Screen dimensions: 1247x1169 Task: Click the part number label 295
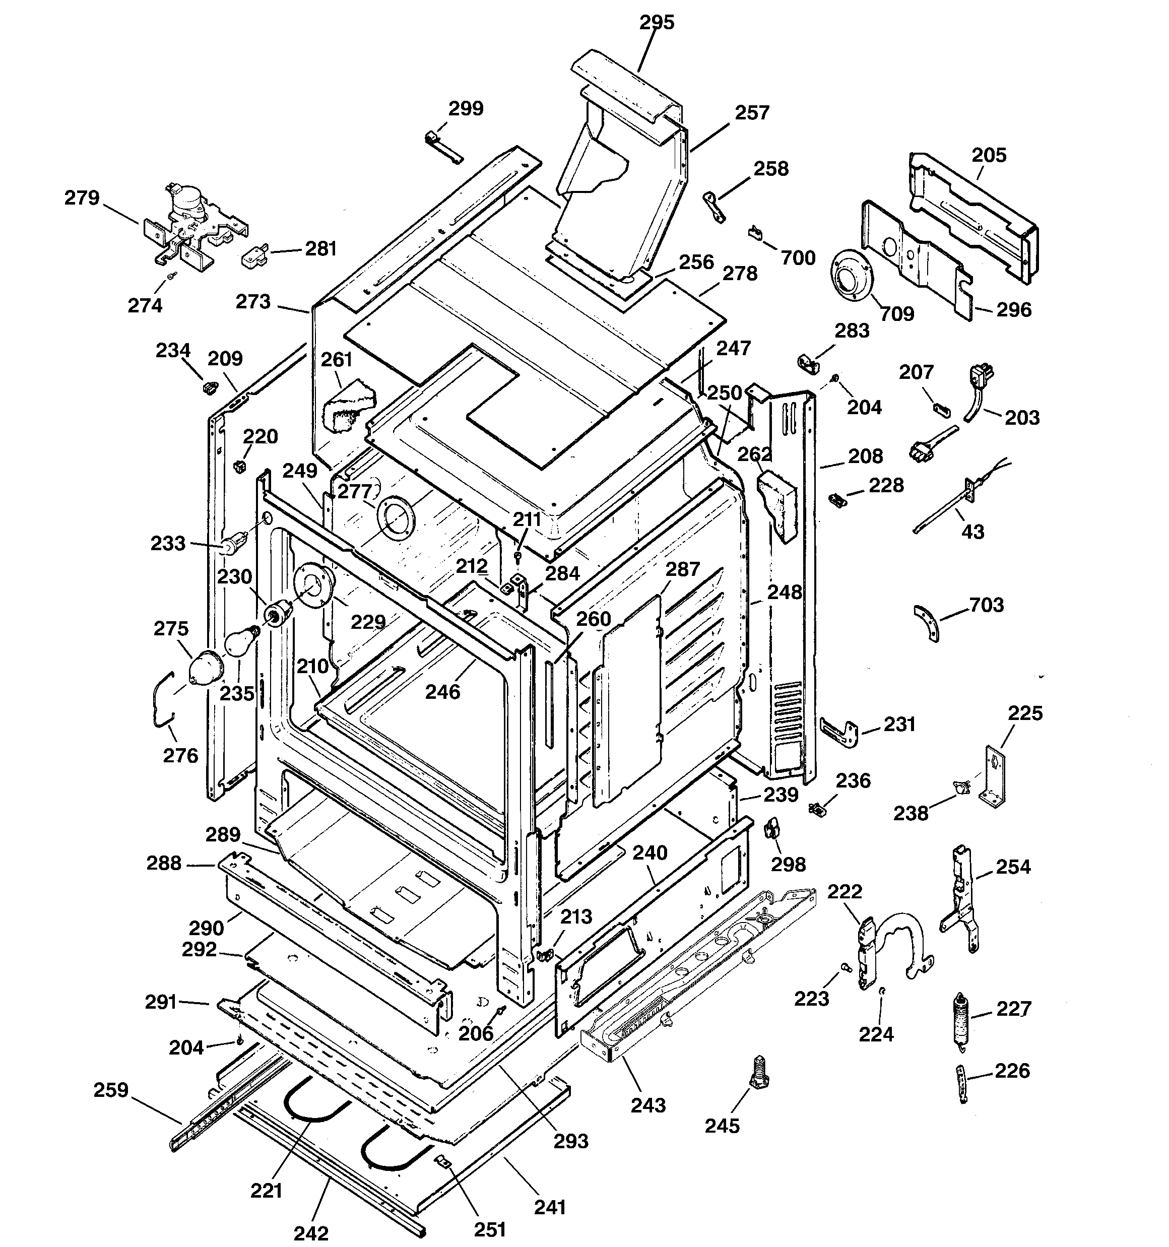click(657, 23)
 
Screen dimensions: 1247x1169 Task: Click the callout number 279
click(82, 198)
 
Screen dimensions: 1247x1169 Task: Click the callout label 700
click(798, 258)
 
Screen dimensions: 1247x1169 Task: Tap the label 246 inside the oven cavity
click(442, 692)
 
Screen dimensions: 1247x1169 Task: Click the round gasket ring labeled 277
click(396, 517)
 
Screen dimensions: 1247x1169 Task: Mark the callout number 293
click(570, 1140)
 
